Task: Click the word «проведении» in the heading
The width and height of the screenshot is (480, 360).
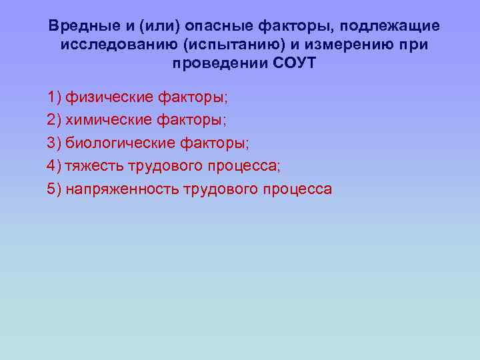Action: [212, 64]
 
